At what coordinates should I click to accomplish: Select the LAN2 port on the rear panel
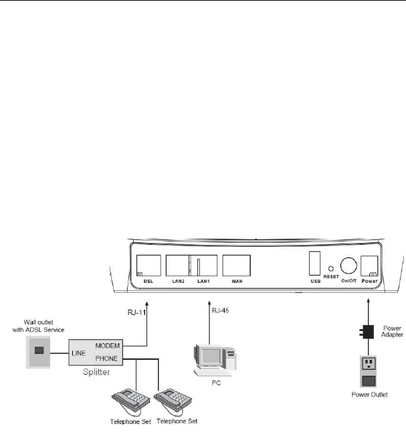pyautogui.click(x=177, y=265)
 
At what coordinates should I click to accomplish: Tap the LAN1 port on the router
pyautogui.click(x=203, y=265)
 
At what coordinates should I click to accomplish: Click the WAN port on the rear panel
pyautogui.click(x=236, y=265)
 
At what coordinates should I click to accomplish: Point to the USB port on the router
pyautogui.click(x=314, y=264)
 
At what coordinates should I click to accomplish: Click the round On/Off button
pyautogui.click(x=348, y=265)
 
